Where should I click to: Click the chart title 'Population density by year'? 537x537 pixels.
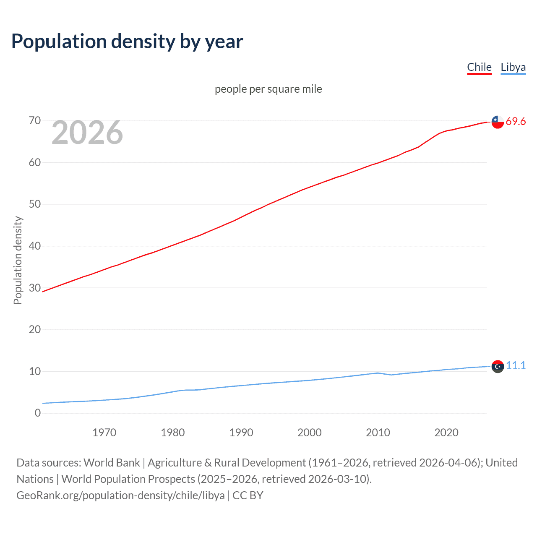click(x=127, y=42)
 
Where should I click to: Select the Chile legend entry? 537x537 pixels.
click(x=479, y=67)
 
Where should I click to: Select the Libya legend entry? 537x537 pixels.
click(x=513, y=67)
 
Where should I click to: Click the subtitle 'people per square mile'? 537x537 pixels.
click(x=268, y=89)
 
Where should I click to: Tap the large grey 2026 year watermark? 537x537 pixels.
click(x=87, y=133)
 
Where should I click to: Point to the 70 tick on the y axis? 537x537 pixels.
click(x=35, y=121)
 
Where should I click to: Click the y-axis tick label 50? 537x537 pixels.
click(x=35, y=204)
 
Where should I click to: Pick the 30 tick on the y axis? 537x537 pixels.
click(x=35, y=288)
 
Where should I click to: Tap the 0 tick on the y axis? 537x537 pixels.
click(x=38, y=413)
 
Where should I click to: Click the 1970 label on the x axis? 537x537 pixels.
click(x=104, y=433)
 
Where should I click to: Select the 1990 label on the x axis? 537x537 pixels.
click(x=241, y=433)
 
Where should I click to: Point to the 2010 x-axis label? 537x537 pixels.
click(x=378, y=433)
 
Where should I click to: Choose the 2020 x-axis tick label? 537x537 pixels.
click(x=446, y=433)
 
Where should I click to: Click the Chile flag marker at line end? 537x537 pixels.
click(x=498, y=122)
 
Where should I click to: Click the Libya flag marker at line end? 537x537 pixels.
click(x=498, y=366)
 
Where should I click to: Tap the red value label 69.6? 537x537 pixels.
click(x=516, y=122)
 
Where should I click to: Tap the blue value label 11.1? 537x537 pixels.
click(x=516, y=366)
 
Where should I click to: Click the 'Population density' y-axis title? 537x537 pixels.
click(x=18, y=260)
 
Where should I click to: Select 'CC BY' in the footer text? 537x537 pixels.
click(x=248, y=495)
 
